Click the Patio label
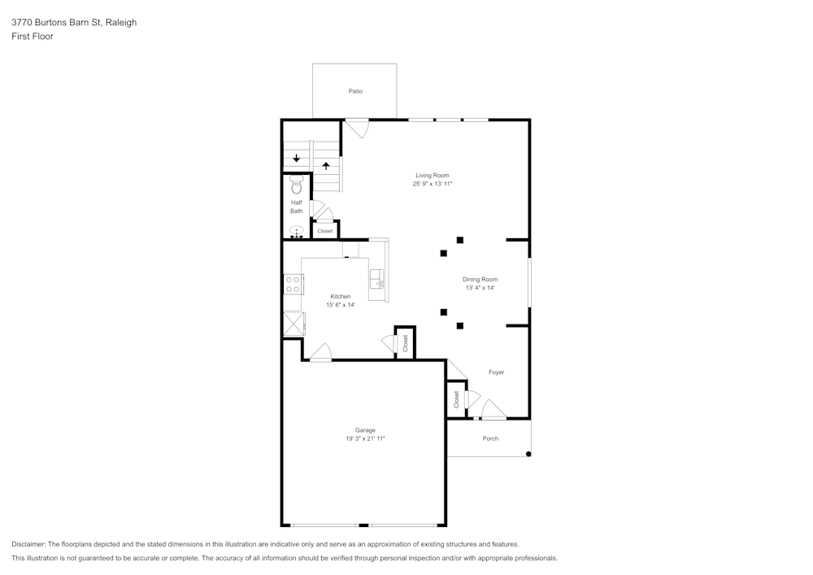(x=355, y=91)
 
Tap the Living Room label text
(x=432, y=176)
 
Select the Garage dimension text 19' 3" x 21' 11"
(x=365, y=439)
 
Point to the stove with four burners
(x=293, y=284)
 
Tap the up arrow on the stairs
(x=327, y=166)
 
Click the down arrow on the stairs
(x=297, y=159)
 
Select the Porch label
(x=490, y=438)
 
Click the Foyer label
(x=496, y=372)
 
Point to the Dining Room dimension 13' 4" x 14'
(x=480, y=288)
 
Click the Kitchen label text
(x=340, y=296)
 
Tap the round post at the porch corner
(x=528, y=454)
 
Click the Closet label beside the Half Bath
(x=325, y=231)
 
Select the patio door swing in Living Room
(x=356, y=129)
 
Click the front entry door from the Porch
(x=493, y=410)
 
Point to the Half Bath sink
(x=297, y=231)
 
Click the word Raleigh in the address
(x=121, y=23)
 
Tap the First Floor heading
(x=33, y=37)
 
